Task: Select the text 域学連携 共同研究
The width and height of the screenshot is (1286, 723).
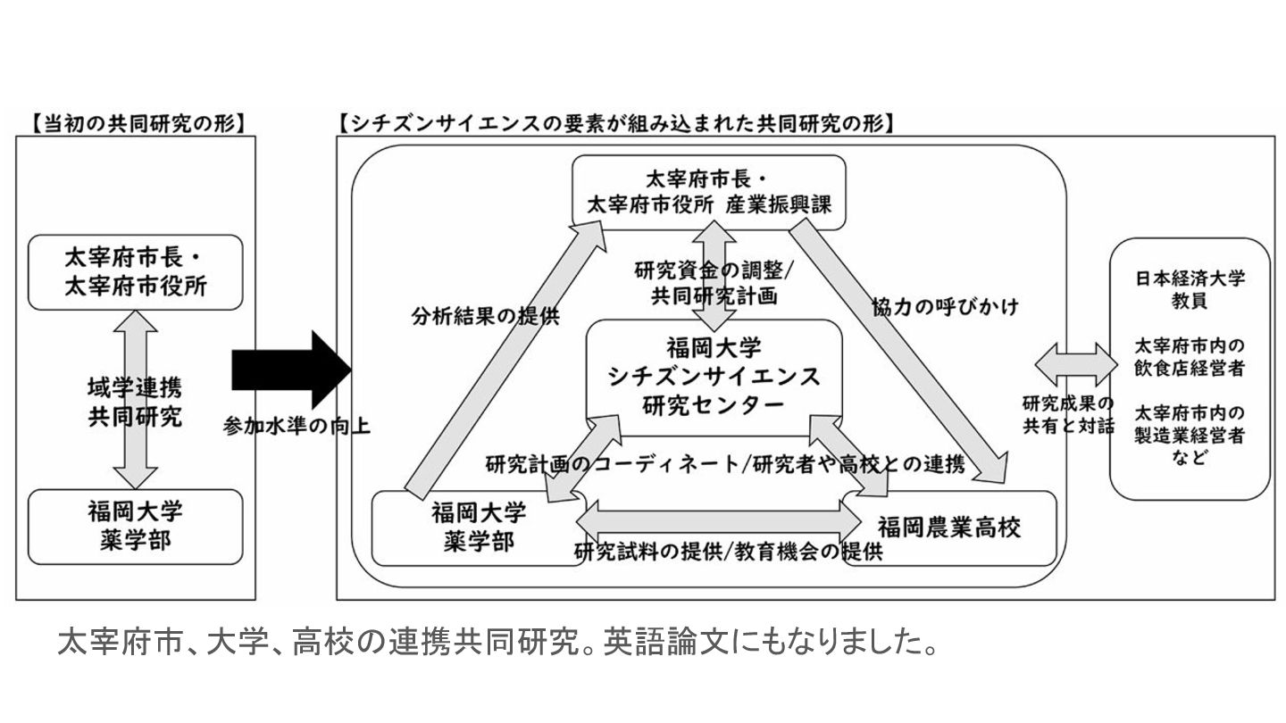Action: (135, 403)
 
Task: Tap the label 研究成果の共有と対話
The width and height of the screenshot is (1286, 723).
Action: (1068, 413)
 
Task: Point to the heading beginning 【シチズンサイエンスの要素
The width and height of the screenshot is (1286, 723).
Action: (617, 123)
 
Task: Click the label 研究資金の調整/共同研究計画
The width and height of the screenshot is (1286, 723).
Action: (706, 282)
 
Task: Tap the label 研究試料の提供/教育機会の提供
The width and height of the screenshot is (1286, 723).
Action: (728, 552)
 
